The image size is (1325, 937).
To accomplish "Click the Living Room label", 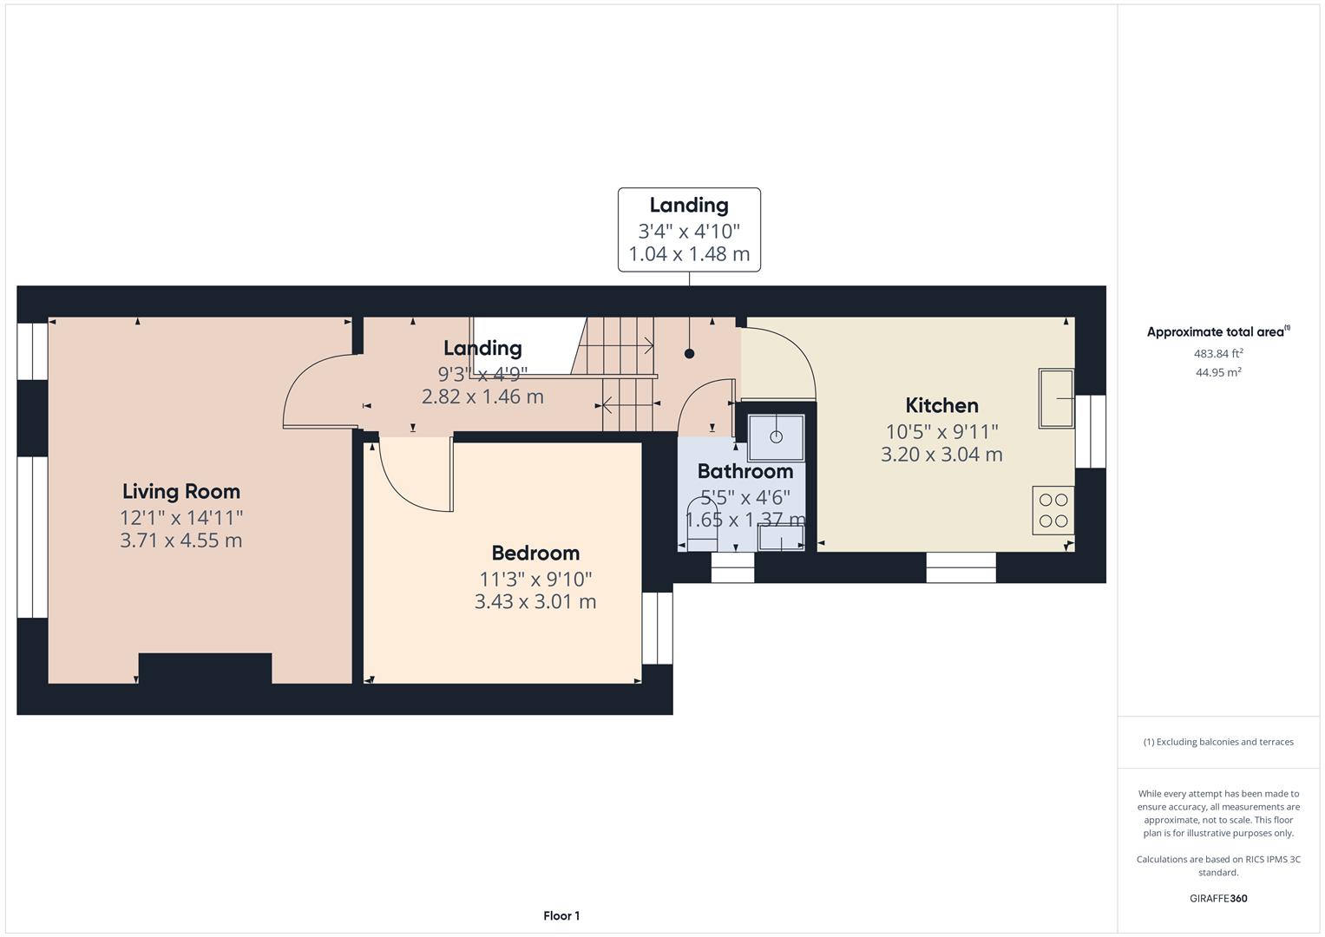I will [x=180, y=491].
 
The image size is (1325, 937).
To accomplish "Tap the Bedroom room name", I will [x=535, y=553].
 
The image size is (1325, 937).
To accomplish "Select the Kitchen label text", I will [x=941, y=405].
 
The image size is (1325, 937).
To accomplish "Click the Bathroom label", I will [x=744, y=471].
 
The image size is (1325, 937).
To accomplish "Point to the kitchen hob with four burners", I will [x=1053, y=510].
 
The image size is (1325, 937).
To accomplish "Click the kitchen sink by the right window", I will [x=1056, y=398].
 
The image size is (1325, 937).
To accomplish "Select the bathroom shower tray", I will [x=776, y=436].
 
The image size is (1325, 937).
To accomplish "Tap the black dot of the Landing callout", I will [x=689, y=353].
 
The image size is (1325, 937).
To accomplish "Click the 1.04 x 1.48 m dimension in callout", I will [x=689, y=255].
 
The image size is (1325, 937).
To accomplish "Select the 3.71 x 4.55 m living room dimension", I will [x=180, y=541].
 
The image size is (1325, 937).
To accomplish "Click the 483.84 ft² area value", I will [x=1218, y=353].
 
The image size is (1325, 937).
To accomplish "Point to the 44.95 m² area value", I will [x=1218, y=372].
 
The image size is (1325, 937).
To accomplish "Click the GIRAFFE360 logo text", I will [x=1218, y=898].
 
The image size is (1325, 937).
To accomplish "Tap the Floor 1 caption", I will [x=561, y=915].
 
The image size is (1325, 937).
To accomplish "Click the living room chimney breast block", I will [x=205, y=669].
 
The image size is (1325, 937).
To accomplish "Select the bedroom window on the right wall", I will [x=657, y=628].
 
